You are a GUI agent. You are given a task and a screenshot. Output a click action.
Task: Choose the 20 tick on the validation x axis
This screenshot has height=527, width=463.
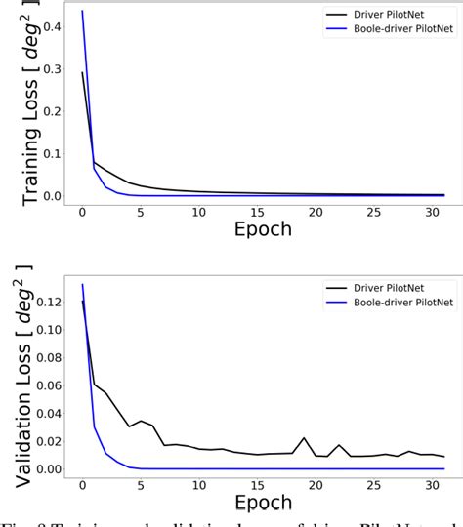(x=315, y=485)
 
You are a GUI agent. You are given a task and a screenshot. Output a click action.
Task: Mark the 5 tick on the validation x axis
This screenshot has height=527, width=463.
(x=140, y=485)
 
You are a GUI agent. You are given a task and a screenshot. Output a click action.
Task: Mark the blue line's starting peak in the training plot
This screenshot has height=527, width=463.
(x=82, y=11)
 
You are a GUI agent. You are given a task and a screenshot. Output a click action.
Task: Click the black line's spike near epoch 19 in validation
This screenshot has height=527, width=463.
(x=304, y=438)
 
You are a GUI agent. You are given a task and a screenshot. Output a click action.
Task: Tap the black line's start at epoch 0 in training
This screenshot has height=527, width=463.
(x=82, y=72)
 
